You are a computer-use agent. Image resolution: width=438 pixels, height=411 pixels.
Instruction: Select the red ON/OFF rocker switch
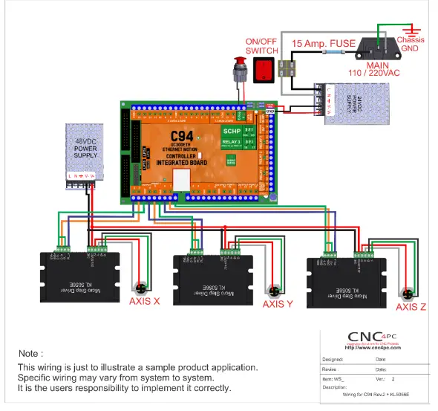click(x=263, y=70)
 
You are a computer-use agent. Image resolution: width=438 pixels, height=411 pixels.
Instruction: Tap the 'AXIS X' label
click(x=144, y=302)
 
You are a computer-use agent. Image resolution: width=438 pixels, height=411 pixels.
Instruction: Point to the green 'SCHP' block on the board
click(x=232, y=132)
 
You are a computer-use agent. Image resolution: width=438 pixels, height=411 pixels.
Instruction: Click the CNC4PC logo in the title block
click(x=374, y=338)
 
